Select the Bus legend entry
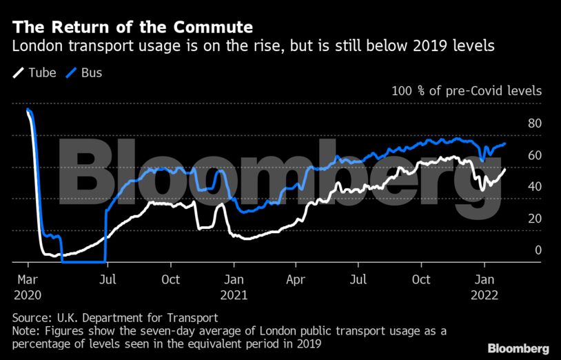click(84, 72)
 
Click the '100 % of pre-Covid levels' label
click(466, 91)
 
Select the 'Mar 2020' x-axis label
click(28, 286)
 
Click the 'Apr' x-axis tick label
click(296, 279)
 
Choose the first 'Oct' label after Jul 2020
click(170, 279)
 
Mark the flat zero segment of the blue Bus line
click(83, 261)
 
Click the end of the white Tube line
click(505, 169)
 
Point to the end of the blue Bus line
click(506, 143)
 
